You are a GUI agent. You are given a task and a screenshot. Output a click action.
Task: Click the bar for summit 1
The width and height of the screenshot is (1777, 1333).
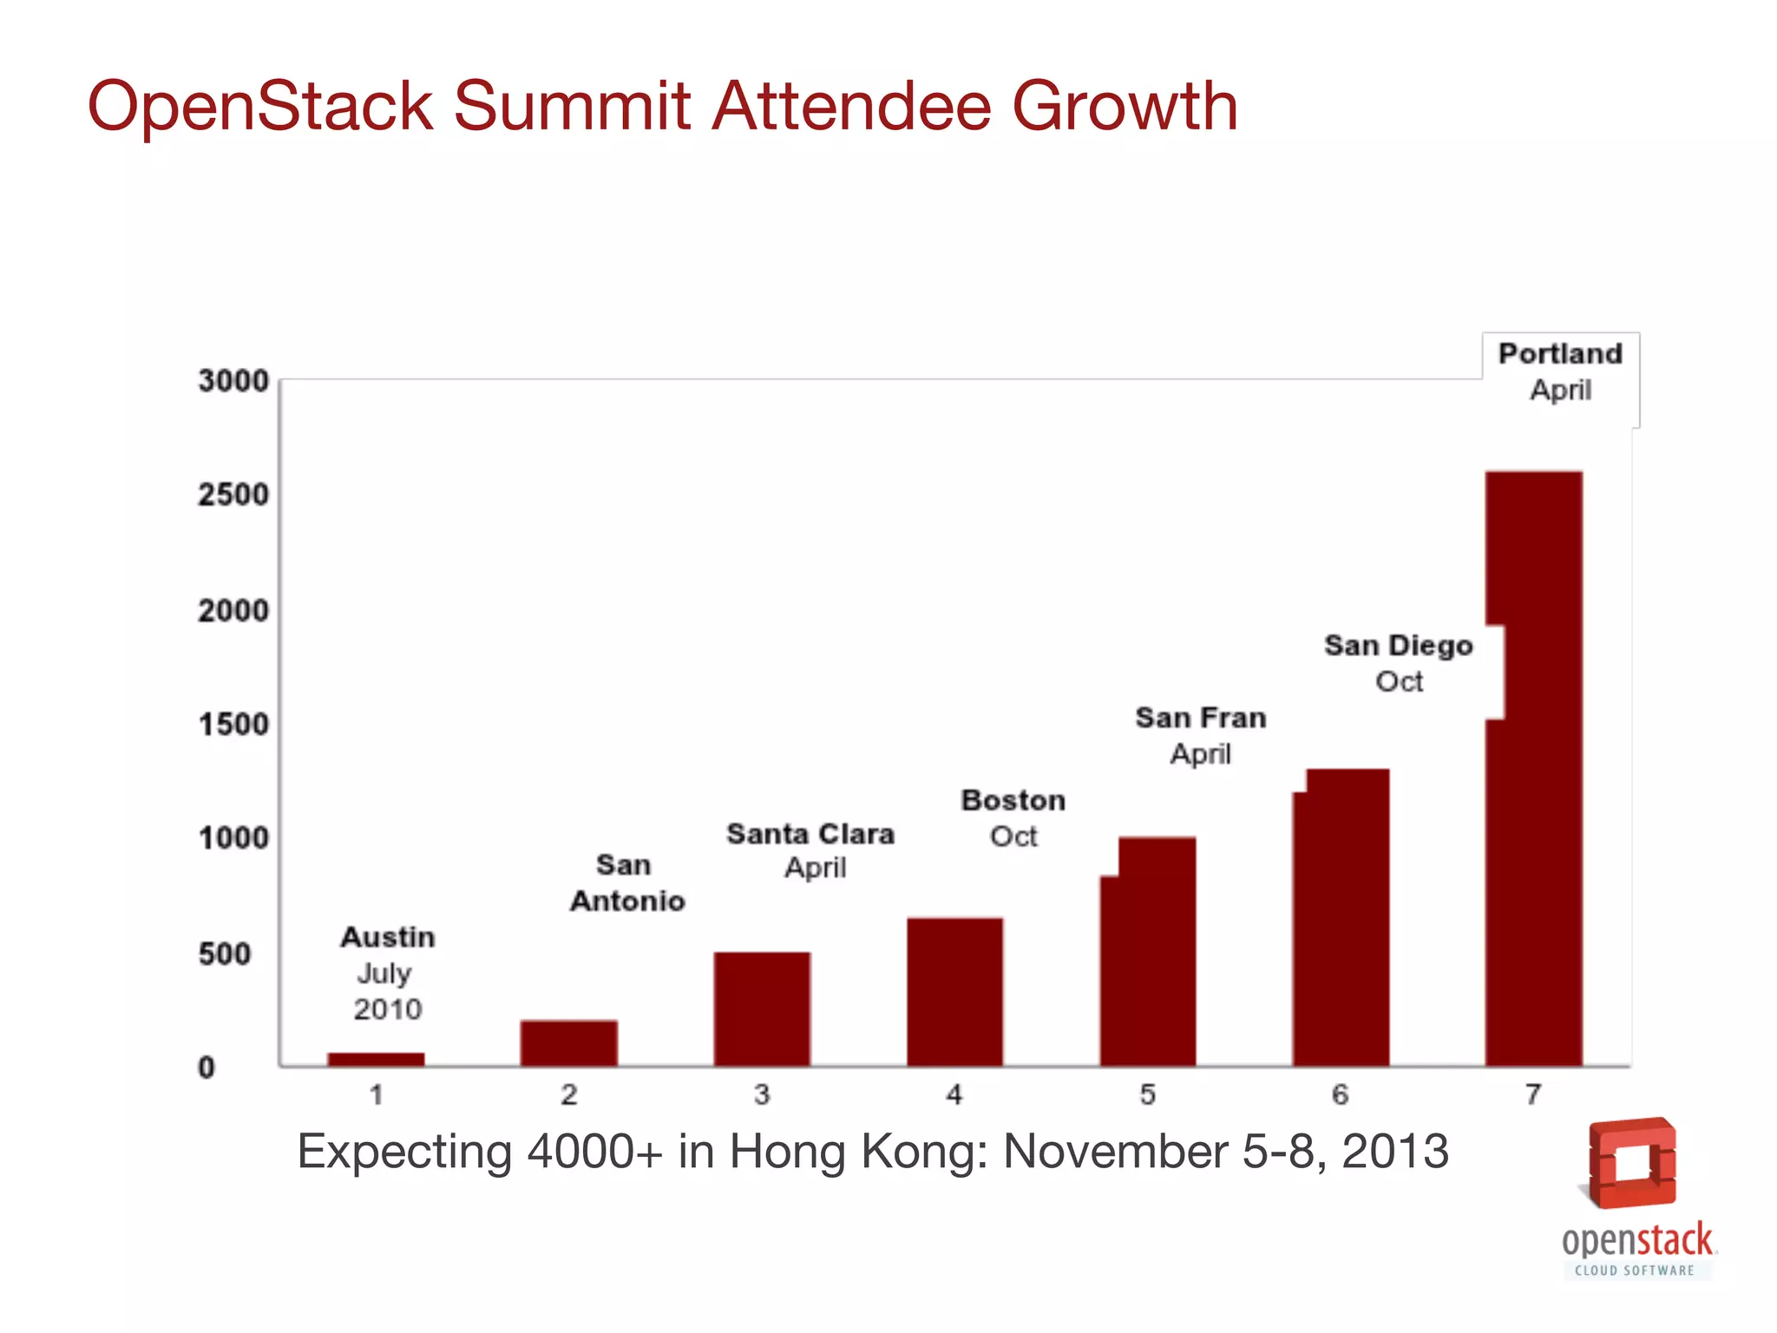pos(376,1059)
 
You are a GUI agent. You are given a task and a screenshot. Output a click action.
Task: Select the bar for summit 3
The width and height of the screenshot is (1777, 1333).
pos(762,1008)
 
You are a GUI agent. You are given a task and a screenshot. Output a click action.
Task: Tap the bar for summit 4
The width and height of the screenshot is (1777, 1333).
pos(954,991)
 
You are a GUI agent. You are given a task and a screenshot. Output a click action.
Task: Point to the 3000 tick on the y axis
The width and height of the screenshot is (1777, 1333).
pos(233,381)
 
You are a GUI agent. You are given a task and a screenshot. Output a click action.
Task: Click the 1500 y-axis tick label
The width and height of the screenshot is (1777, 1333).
pos(233,725)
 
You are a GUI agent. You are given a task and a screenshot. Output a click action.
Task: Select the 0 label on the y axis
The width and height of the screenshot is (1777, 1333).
pos(207,1067)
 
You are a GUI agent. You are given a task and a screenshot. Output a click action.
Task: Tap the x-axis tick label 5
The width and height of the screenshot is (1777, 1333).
pos(1147,1095)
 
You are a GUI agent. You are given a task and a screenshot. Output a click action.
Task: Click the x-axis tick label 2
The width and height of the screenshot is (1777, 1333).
pos(568,1095)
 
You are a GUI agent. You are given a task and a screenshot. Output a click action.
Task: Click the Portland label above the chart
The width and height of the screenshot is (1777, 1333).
pos(1560,354)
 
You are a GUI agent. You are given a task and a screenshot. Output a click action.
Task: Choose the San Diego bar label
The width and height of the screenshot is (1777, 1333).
pos(1398,647)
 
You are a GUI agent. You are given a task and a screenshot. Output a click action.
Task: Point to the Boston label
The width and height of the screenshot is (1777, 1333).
pos(1013,800)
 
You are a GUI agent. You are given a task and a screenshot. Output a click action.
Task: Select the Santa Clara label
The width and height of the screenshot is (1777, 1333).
pos(810,834)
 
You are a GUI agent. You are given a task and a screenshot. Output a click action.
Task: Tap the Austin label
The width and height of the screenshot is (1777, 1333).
pos(387,937)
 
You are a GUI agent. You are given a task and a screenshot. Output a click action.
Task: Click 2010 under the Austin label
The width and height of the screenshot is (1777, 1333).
pos(387,1009)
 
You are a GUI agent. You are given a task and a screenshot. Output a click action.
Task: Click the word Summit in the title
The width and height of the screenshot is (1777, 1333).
pos(572,107)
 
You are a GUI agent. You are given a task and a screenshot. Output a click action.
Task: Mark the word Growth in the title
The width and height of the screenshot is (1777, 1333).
pos(1125,107)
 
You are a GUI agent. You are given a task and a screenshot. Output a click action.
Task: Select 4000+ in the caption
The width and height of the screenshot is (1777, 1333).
pos(594,1152)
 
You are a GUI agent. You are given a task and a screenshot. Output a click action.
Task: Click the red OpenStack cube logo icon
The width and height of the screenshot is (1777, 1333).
pos(1631,1163)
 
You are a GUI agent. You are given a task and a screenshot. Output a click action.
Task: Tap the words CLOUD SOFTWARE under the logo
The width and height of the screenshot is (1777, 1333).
pos(1635,1271)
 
